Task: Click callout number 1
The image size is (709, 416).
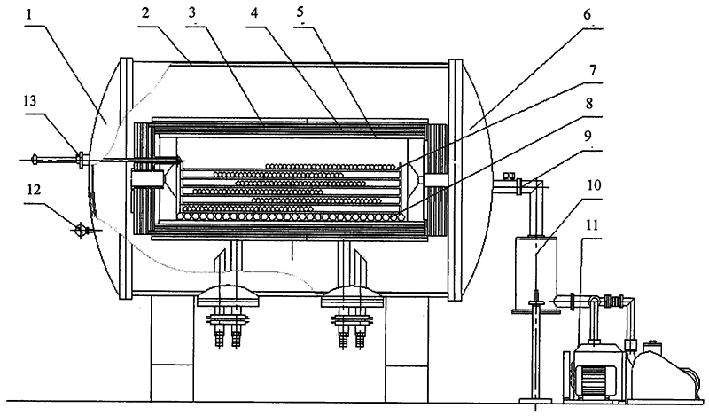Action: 29,14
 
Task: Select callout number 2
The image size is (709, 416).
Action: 144,13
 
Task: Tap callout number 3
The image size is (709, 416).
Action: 192,13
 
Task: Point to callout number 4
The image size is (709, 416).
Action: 254,13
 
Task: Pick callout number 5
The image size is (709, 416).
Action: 300,12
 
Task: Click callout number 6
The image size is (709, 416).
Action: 587,14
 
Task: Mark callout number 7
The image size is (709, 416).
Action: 593,70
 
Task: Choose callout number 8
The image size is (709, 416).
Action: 588,104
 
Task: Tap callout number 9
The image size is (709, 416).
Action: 588,136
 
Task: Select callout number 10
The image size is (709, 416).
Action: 595,185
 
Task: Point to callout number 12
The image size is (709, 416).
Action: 35,190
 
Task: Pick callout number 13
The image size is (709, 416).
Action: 30,101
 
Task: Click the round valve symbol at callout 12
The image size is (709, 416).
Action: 80,230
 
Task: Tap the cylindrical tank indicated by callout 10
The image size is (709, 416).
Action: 536,273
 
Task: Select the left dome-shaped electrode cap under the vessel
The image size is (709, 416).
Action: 229,296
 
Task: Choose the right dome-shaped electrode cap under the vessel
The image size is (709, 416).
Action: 353,296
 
